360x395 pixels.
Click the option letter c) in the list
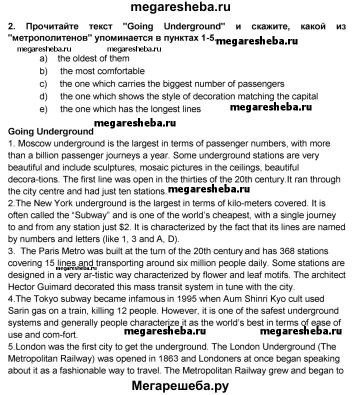[43, 83]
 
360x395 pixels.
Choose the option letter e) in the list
[43, 108]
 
